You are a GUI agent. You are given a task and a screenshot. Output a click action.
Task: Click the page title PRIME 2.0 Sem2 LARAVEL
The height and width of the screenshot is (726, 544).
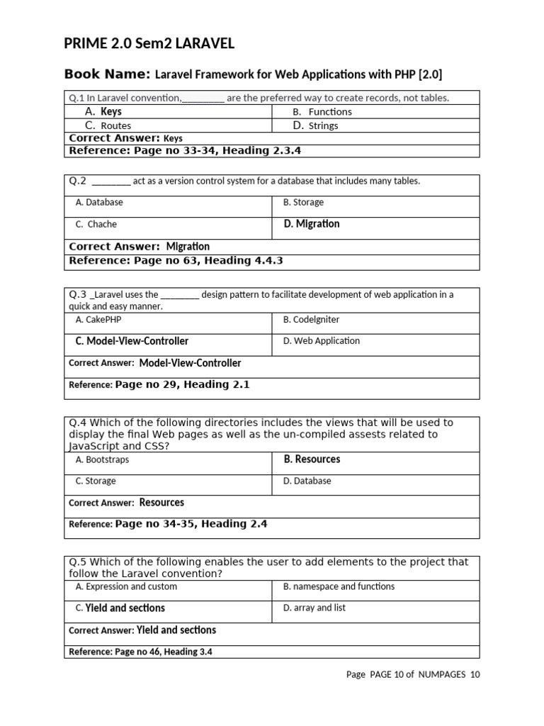pos(149,45)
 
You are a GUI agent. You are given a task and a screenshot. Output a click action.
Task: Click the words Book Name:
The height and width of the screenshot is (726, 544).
pos(107,74)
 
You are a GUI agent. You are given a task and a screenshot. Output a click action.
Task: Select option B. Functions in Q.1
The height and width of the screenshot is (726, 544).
pos(322,112)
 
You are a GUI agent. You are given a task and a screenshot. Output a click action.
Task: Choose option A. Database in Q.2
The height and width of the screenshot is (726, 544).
pos(99,202)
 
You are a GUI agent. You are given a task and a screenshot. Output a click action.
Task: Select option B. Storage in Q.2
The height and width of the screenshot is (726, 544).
pos(303,202)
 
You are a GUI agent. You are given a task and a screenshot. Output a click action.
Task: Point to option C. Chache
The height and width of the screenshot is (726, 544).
pos(96,224)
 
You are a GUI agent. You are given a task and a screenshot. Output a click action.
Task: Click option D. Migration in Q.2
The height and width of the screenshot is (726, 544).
pos(312,224)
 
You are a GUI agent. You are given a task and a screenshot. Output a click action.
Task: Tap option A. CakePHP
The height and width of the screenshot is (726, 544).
pos(98,320)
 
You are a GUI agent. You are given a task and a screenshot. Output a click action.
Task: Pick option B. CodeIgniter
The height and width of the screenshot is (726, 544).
pos(311,320)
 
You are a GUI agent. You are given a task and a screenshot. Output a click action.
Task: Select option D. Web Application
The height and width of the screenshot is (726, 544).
pos(322,341)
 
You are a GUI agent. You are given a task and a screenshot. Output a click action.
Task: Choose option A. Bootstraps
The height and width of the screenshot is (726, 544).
pos(102,459)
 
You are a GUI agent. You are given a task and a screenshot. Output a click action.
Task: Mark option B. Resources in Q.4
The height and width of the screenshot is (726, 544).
pos(312,459)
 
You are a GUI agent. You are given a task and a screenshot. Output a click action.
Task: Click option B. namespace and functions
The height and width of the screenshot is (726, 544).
pos(339,586)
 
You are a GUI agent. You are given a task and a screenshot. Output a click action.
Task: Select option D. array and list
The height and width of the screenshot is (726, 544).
pos(314,608)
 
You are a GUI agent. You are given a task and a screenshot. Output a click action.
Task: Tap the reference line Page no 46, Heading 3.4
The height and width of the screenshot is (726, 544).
pos(140,652)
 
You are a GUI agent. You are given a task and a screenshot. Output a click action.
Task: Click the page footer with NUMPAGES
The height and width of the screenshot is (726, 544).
pos(413,674)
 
